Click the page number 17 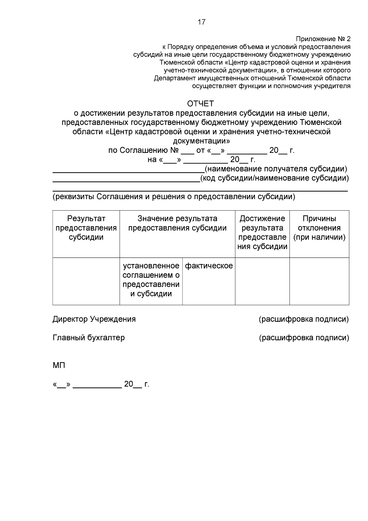click(201, 22)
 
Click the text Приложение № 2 click(323, 39)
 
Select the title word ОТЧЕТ click(201, 103)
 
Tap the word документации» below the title click(201, 141)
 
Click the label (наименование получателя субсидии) click(276, 169)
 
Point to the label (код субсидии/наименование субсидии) click(274, 178)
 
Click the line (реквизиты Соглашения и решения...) click(174, 196)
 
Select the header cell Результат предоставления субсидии click(86, 228)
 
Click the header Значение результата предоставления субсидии click(177, 223)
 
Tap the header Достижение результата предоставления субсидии click(262, 232)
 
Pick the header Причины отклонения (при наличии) click(319, 228)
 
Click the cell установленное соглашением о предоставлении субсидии click(151, 280)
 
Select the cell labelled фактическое click(209, 266)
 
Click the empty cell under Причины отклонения click(319, 281)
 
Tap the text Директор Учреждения click(94, 319)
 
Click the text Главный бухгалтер click(89, 338)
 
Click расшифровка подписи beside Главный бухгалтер click(304, 338)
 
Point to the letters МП click(59, 366)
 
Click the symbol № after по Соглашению click(174, 150)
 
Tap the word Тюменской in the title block click(320, 122)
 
